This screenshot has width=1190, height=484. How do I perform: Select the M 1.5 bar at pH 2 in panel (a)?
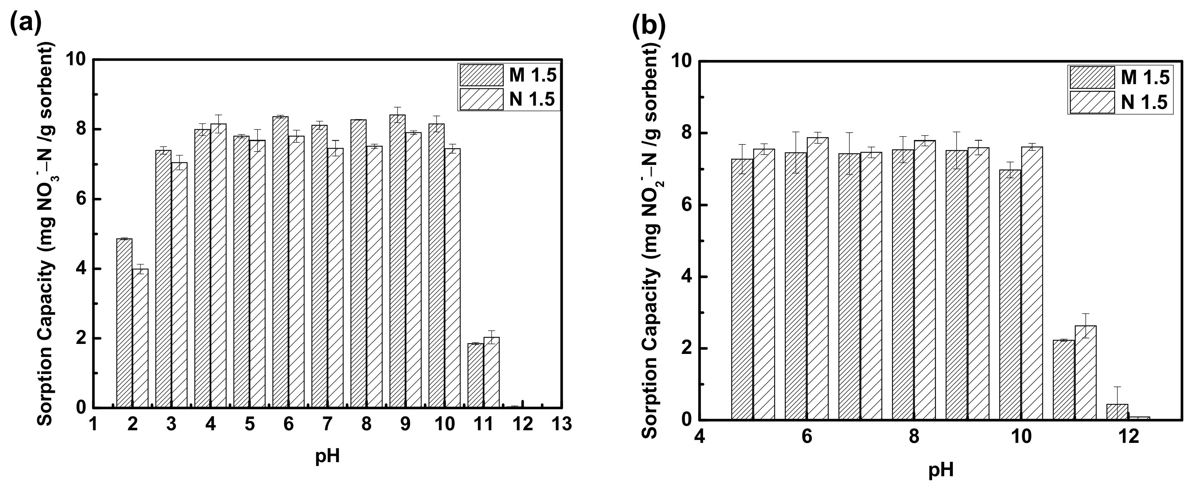[124, 323]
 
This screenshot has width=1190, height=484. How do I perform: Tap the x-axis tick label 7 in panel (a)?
[327, 424]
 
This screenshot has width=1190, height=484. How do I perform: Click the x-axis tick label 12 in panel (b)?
[1129, 436]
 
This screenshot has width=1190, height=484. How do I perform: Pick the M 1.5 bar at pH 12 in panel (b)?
[1117, 412]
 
